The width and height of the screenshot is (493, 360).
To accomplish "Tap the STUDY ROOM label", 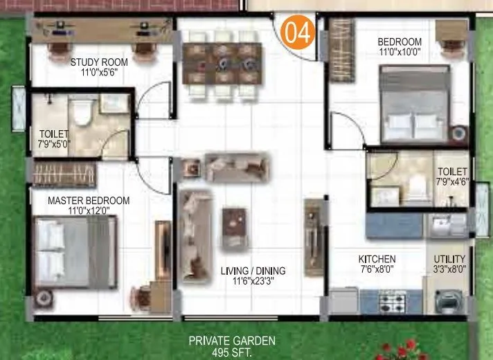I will pos(98,62).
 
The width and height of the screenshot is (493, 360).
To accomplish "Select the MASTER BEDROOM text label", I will pos(89,201).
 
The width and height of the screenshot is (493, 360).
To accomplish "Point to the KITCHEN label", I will pos(377,258).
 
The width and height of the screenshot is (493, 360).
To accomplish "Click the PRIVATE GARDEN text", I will pos(233,341).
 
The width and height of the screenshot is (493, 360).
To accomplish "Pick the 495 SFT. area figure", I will pos(233,352).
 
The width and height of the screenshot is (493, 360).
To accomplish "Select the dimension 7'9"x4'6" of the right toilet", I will pos(452,182).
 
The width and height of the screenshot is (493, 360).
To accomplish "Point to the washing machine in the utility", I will pos(447,301).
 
